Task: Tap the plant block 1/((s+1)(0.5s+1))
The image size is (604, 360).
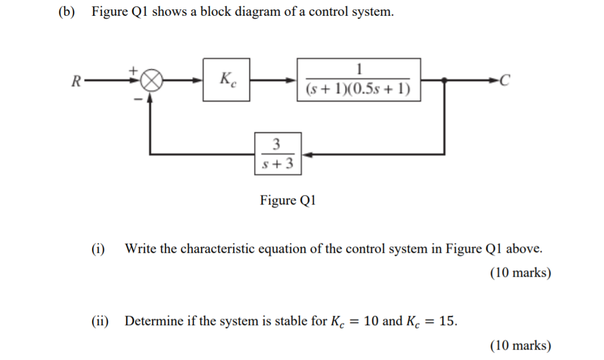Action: [359, 79]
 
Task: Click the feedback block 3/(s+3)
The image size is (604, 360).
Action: [277, 154]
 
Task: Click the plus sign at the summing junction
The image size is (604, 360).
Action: [133, 69]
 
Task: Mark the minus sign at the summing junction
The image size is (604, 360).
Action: [137, 100]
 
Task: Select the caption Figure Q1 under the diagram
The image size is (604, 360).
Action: [288, 201]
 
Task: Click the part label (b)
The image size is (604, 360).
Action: [68, 12]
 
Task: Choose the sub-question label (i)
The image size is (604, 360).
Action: [98, 249]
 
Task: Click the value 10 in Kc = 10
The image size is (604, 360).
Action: [372, 320]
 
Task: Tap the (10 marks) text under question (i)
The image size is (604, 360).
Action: [520, 273]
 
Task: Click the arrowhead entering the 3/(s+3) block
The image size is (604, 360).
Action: [306, 154]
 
